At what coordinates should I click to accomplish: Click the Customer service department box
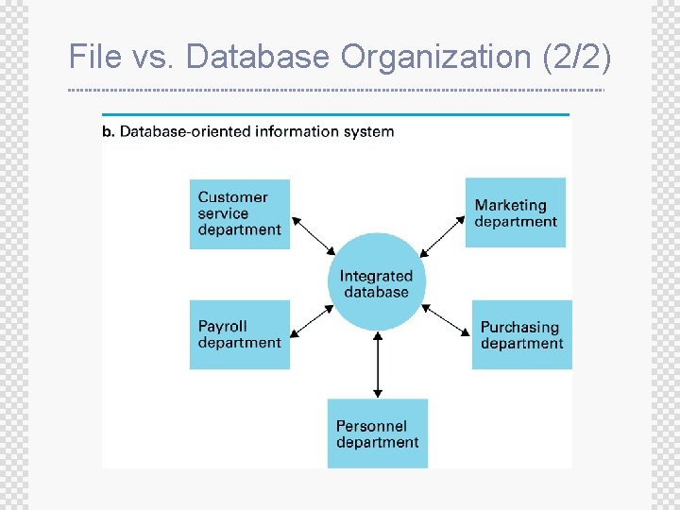[x=240, y=213]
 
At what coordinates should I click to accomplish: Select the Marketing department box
[x=516, y=212]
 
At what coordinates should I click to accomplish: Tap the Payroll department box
[x=240, y=334]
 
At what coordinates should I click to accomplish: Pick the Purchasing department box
[x=522, y=335]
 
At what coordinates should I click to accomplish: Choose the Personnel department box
[x=378, y=433]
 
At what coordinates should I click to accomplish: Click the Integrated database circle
[x=377, y=282]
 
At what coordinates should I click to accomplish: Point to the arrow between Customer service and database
[x=313, y=235]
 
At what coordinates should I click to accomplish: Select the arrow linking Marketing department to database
[x=443, y=236]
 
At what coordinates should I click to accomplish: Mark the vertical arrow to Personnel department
[x=378, y=364]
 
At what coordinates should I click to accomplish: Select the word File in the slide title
[x=95, y=57]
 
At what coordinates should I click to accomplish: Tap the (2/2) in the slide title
[x=576, y=57]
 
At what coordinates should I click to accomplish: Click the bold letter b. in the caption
[x=109, y=131]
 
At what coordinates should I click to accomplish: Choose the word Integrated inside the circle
[x=376, y=276]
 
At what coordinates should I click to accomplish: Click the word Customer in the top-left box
[x=232, y=197]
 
